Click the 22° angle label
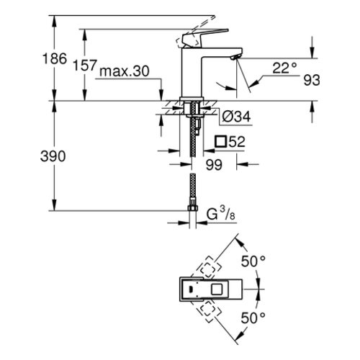[284, 68]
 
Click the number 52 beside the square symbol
[236, 142]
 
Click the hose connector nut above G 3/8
[192, 208]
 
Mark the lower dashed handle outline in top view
[209, 309]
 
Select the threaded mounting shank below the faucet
[192, 133]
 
